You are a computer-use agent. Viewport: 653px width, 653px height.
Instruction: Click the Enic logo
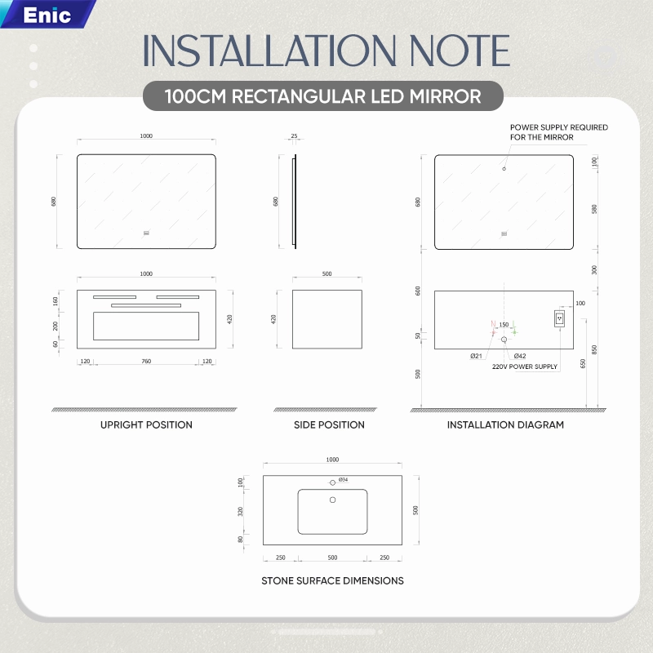pyautogui.click(x=47, y=15)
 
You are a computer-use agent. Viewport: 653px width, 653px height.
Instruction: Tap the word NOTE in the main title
pyautogui.click(x=460, y=51)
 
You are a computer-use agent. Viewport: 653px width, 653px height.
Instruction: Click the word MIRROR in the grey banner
pyautogui.click(x=445, y=96)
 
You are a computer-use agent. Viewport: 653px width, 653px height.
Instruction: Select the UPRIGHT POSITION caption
pyautogui.click(x=146, y=424)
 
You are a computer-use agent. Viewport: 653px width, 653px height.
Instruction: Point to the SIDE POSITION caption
pyautogui.click(x=329, y=424)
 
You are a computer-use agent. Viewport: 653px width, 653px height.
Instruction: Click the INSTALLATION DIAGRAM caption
pyautogui.click(x=505, y=424)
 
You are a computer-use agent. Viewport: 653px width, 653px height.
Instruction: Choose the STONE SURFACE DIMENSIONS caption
pyautogui.click(x=332, y=580)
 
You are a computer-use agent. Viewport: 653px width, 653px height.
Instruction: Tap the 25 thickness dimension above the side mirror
pyautogui.click(x=294, y=135)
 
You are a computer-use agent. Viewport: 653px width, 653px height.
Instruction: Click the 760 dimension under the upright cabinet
pyautogui.click(x=146, y=361)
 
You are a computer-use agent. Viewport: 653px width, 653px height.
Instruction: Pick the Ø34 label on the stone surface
pyautogui.click(x=343, y=480)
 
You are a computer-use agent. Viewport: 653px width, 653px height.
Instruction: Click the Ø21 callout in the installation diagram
pyautogui.click(x=476, y=356)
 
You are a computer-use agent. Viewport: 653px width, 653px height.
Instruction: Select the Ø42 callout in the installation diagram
pyautogui.click(x=520, y=356)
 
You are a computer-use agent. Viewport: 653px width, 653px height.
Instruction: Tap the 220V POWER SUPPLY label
pyautogui.click(x=525, y=366)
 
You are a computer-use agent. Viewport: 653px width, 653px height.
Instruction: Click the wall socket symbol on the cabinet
pyautogui.click(x=559, y=318)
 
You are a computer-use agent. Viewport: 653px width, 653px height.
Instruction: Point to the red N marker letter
pyautogui.click(x=493, y=323)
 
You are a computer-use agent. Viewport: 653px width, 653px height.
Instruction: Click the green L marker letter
pyautogui.click(x=514, y=323)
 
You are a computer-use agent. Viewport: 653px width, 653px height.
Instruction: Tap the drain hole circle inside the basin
pyautogui.click(x=332, y=500)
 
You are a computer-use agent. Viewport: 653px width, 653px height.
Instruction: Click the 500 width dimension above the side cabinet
pyautogui.click(x=327, y=273)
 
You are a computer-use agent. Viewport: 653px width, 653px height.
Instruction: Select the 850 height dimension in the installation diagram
pyautogui.click(x=594, y=350)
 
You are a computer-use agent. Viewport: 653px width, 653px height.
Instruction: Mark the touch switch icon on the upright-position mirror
pyautogui.click(x=146, y=233)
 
